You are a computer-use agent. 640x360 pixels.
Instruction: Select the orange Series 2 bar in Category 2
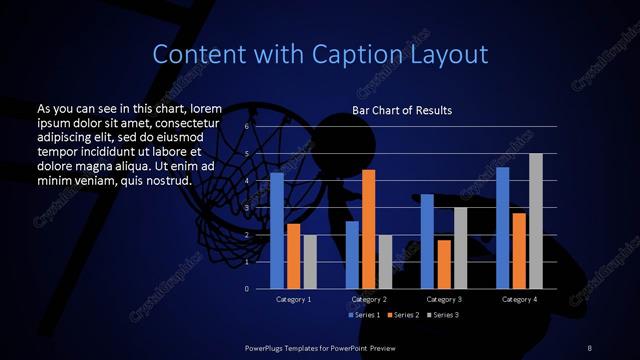tap(368, 229)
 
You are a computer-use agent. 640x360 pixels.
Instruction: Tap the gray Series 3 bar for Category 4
tap(536, 221)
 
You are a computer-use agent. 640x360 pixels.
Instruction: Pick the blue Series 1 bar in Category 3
tap(427, 241)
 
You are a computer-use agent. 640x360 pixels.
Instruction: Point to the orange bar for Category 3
tap(443, 264)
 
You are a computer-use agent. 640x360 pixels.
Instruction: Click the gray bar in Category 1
tap(310, 261)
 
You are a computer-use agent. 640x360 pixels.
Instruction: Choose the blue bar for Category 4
tap(502, 227)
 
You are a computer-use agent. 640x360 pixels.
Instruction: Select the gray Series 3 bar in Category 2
tap(385, 261)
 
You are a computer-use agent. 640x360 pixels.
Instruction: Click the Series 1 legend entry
tap(364, 315)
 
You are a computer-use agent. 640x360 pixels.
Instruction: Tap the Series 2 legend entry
tap(403, 315)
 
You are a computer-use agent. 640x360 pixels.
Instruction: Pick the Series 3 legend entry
tap(443, 315)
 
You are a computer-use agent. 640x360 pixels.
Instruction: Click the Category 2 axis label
tap(368, 299)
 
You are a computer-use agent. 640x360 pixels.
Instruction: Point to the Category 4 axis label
tap(519, 299)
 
